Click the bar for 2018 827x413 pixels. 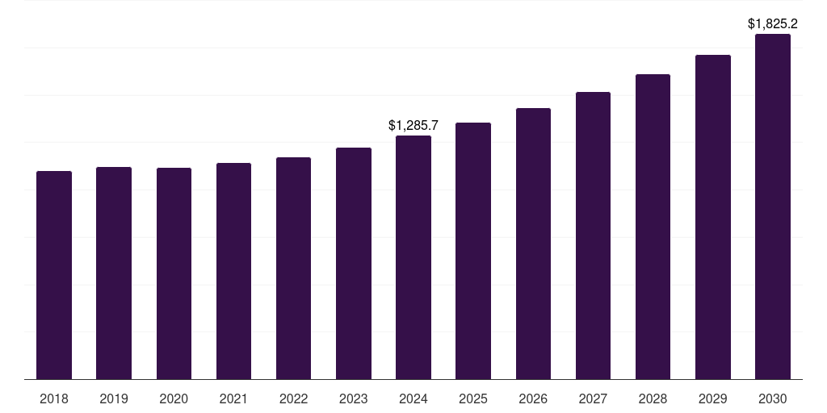[54, 275]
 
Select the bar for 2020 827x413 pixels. [174, 273]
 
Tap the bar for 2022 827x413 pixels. [293, 268]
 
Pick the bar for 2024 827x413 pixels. [413, 257]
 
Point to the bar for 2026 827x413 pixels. [533, 244]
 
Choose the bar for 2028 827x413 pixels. [653, 227]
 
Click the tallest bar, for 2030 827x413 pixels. [773, 206]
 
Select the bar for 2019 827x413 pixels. [114, 273]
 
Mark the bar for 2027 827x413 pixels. [593, 236]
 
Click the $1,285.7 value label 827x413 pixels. [413, 126]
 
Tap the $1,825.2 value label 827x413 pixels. [773, 24]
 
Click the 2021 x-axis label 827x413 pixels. [233, 399]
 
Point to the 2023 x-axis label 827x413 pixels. [354, 399]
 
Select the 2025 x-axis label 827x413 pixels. [473, 399]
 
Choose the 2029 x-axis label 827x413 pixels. [713, 399]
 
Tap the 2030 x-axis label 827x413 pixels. [773, 399]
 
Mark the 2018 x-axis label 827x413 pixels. [54, 399]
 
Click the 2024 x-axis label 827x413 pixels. [413, 399]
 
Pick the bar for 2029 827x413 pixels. [713, 217]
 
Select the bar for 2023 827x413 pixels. [354, 263]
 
